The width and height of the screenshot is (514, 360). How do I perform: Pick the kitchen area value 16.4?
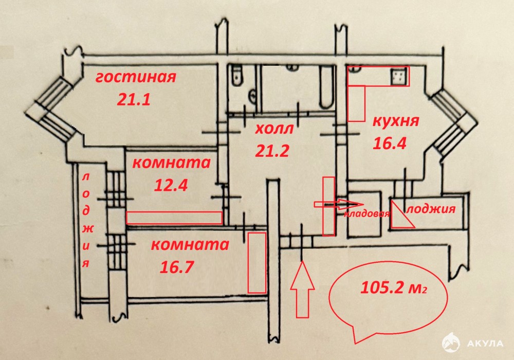(390, 142)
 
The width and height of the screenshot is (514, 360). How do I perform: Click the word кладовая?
(366, 214)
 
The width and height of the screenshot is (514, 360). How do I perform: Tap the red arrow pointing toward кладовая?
(331, 204)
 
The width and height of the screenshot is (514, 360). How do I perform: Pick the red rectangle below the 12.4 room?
(175, 218)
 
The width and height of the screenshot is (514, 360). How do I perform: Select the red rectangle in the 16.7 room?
(256, 262)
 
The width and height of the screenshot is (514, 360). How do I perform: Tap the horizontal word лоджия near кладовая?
(431, 209)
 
